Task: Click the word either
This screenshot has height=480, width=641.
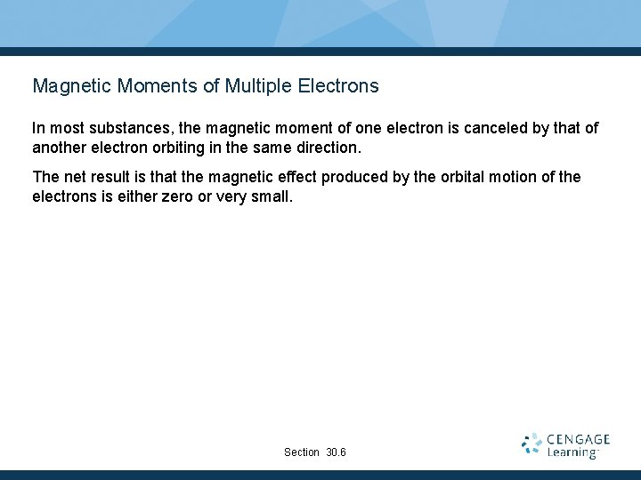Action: pyautogui.click(x=129, y=196)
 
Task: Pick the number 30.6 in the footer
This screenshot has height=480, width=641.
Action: pyautogui.click(x=337, y=452)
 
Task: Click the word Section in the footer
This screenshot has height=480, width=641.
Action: pyautogui.click(x=302, y=452)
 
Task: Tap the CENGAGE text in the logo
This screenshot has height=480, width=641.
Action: pyautogui.click(x=578, y=439)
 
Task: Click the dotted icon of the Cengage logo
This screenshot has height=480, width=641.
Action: pyautogui.click(x=531, y=444)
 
